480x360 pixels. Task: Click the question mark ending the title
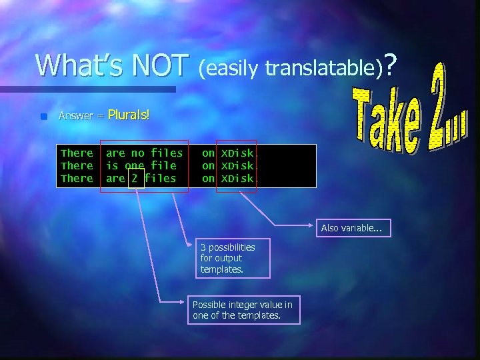coord(391,65)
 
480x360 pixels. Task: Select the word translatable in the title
coord(323,67)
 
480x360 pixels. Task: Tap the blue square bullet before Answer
coord(44,116)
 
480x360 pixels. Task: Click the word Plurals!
coord(128,115)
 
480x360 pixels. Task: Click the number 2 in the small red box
coord(135,178)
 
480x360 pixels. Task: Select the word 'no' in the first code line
coord(137,153)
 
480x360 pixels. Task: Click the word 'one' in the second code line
coord(135,165)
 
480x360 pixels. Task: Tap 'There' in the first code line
coord(77,153)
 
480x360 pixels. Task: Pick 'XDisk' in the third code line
coord(237,178)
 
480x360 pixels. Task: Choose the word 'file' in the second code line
coord(163,165)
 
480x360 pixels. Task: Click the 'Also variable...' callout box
coord(352,228)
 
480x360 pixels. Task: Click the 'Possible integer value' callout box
coord(243,310)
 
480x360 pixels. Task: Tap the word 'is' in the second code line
coord(112,165)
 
